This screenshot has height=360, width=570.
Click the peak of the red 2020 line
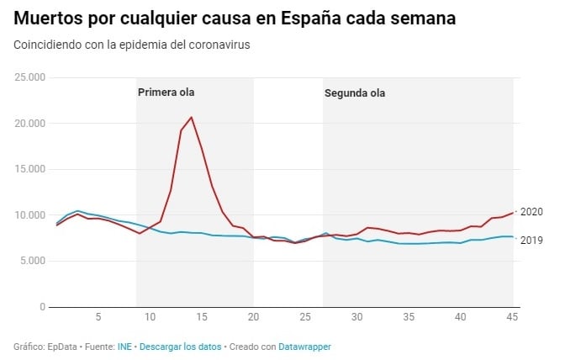192,117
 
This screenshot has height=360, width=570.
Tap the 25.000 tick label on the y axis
30,78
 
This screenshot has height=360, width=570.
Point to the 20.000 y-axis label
30,124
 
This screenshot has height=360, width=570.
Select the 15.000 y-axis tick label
30,169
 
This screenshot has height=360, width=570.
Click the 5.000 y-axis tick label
33,261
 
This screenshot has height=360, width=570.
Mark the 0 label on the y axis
42,307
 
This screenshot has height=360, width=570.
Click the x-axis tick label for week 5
98,317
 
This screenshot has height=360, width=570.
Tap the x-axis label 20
253,317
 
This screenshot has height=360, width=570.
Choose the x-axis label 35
409,317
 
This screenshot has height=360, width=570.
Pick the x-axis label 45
512,317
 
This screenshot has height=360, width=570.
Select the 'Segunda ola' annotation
355,93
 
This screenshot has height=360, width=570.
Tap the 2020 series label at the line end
532,212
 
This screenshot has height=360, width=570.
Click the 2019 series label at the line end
532,240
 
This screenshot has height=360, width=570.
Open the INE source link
124,347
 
